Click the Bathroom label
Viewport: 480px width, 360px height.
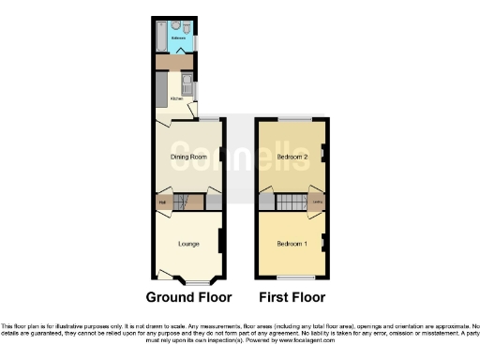point(178,38)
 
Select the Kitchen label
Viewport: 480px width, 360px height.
point(175,97)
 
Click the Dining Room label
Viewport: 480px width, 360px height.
point(187,157)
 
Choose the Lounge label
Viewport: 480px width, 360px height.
point(188,244)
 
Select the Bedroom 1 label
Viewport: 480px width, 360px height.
point(292,244)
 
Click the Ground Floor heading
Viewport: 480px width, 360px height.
point(188,297)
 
